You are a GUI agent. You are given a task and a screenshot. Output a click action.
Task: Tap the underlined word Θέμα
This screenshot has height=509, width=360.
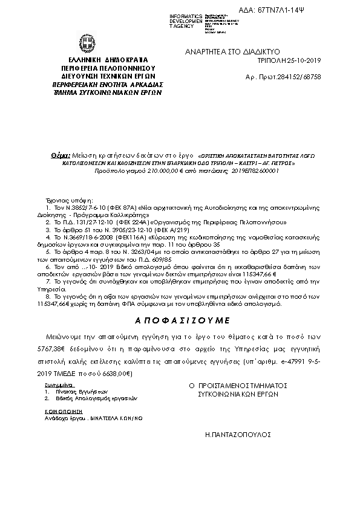[x=61, y=155]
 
